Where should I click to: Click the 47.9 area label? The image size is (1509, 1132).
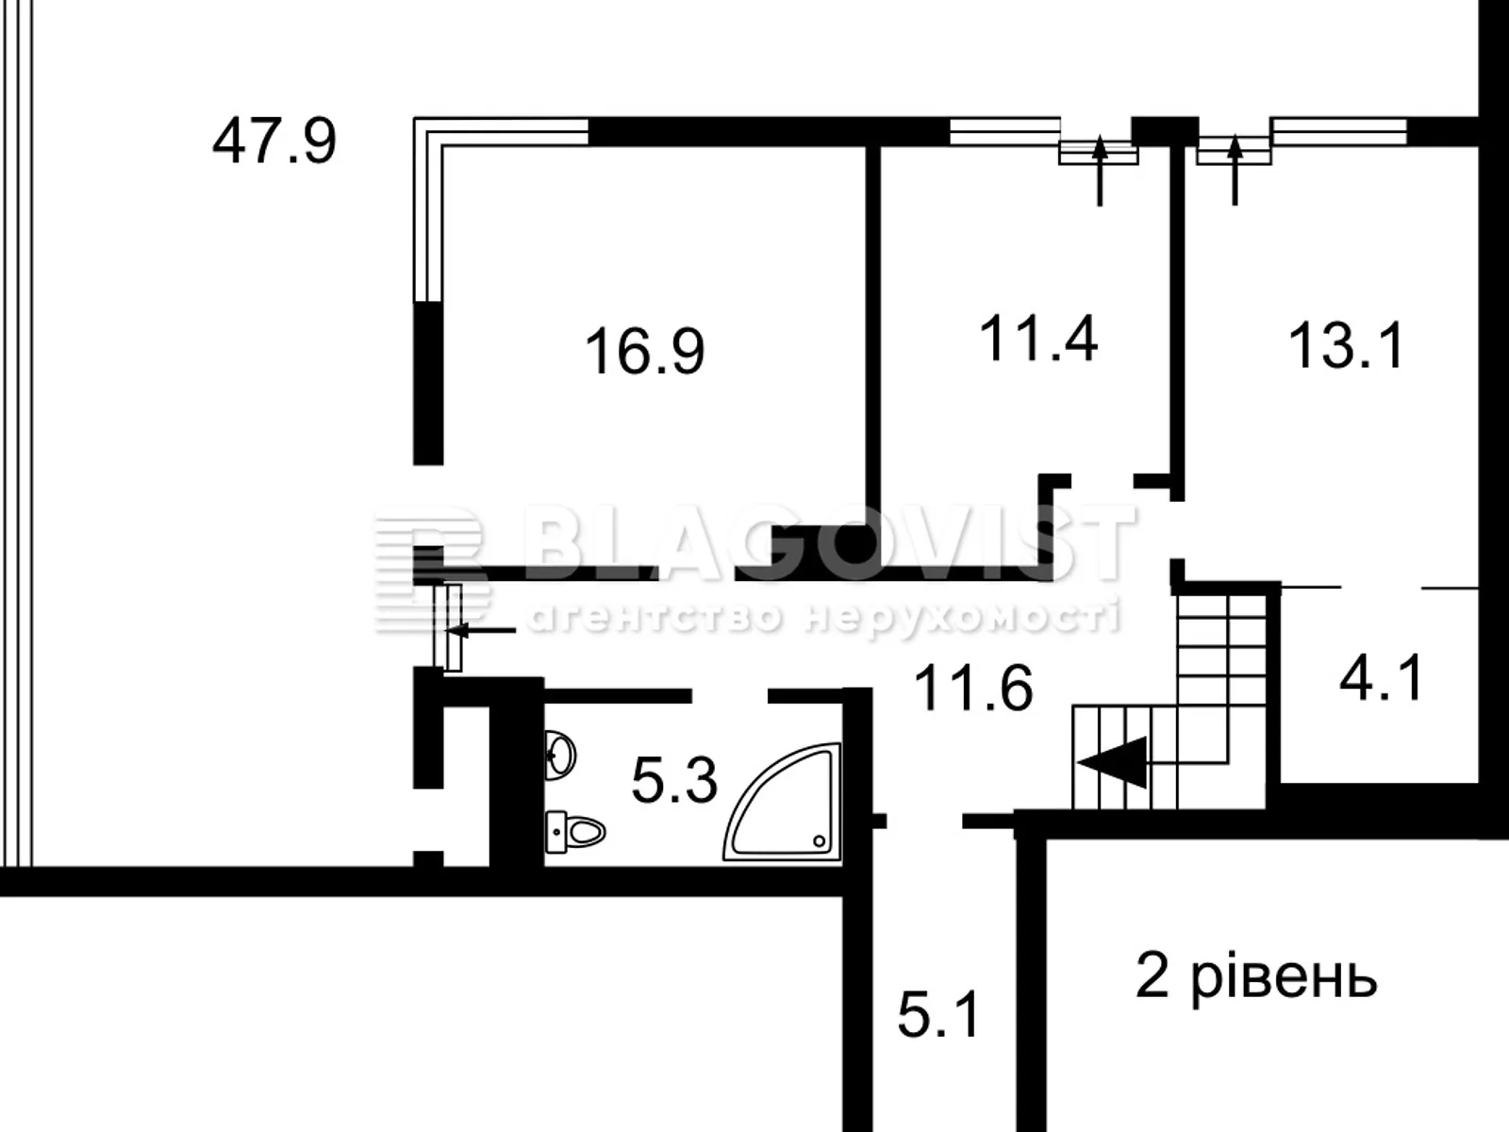(274, 141)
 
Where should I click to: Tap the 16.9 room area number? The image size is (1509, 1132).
(644, 351)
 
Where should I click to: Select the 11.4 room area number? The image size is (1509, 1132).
(1038, 339)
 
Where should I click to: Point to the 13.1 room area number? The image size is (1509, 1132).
(1346, 346)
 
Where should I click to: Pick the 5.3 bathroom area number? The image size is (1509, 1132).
(674, 781)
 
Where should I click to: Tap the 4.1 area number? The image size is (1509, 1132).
(1381, 678)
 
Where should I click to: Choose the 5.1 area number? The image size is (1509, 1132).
(939, 1015)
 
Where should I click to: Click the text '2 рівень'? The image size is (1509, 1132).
(1255, 977)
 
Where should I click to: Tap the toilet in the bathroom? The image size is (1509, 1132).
(575, 831)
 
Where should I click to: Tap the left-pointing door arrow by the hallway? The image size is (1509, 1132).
(481, 629)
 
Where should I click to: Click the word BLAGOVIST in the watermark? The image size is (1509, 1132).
(830, 542)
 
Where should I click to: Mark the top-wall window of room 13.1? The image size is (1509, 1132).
(1339, 130)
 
